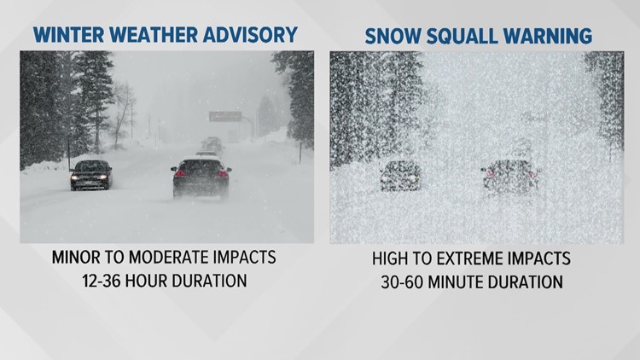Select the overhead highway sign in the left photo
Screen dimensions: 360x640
(x=224, y=116)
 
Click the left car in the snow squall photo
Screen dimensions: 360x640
(x=399, y=175)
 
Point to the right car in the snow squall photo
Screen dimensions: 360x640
(x=509, y=177)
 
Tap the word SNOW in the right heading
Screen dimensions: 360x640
(x=395, y=36)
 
